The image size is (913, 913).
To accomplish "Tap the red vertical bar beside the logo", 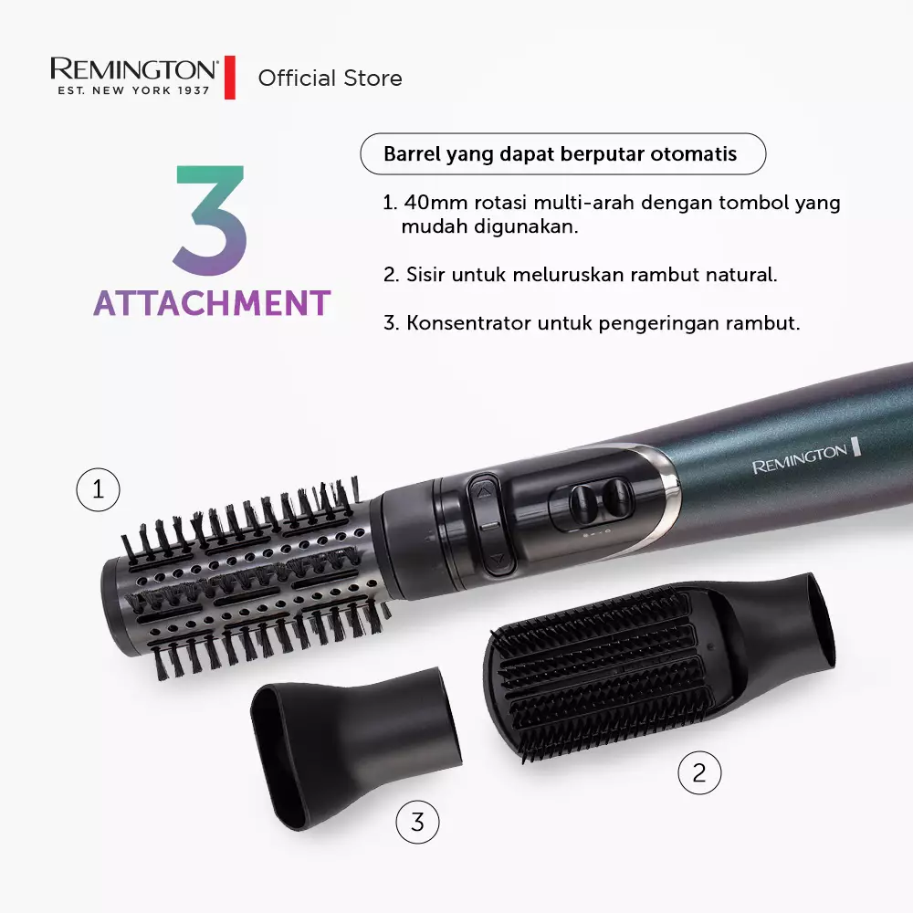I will pyautogui.click(x=230, y=78).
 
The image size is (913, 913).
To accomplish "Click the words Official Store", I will pyautogui.click(x=330, y=79).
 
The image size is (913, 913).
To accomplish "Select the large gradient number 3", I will pyautogui.click(x=211, y=222).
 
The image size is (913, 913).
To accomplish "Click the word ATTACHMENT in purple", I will pyautogui.click(x=211, y=303).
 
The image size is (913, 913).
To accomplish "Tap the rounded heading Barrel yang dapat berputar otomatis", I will pyautogui.click(x=560, y=154).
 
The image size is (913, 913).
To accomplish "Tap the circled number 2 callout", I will pyautogui.click(x=698, y=773).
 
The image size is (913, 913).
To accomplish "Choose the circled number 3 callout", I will pyautogui.click(x=417, y=823).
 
